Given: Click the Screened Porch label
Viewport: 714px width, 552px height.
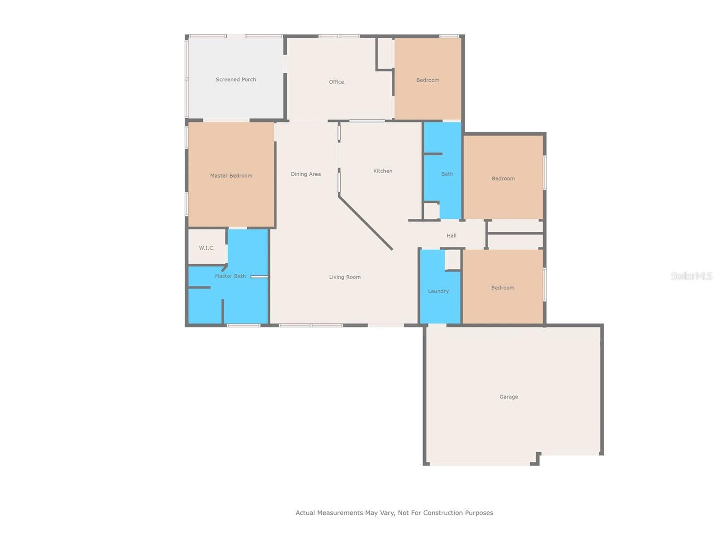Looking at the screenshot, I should [x=235, y=80].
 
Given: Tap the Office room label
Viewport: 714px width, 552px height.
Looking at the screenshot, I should [x=336, y=82].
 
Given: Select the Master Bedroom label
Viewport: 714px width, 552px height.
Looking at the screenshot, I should [x=231, y=176].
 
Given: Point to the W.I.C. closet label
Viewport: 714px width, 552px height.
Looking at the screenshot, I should [x=206, y=248].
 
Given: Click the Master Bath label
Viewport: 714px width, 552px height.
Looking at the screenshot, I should [x=230, y=276].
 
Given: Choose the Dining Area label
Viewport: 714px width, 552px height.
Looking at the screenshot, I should [x=305, y=174].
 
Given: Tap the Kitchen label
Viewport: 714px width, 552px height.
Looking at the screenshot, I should [x=383, y=171].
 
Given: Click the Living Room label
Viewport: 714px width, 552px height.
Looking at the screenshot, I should [x=344, y=277].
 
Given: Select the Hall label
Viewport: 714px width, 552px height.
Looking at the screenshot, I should [x=451, y=236].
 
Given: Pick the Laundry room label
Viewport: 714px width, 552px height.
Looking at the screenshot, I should [x=438, y=291].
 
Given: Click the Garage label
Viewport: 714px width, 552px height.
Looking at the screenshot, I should [x=508, y=397].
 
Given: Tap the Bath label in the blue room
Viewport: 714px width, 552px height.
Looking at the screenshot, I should [x=447, y=174].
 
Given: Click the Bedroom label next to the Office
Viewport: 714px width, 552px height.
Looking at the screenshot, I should [x=428, y=80].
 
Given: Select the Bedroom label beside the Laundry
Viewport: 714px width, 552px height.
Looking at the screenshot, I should [x=503, y=288].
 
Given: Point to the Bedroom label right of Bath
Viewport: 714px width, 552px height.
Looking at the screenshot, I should [x=503, y=178].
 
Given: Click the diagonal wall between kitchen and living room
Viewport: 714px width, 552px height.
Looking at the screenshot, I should [x=366, y=224].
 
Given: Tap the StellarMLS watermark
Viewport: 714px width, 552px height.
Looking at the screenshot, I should [x=691, y=276].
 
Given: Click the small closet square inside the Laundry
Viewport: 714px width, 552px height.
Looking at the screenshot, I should [x=453, y=259].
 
